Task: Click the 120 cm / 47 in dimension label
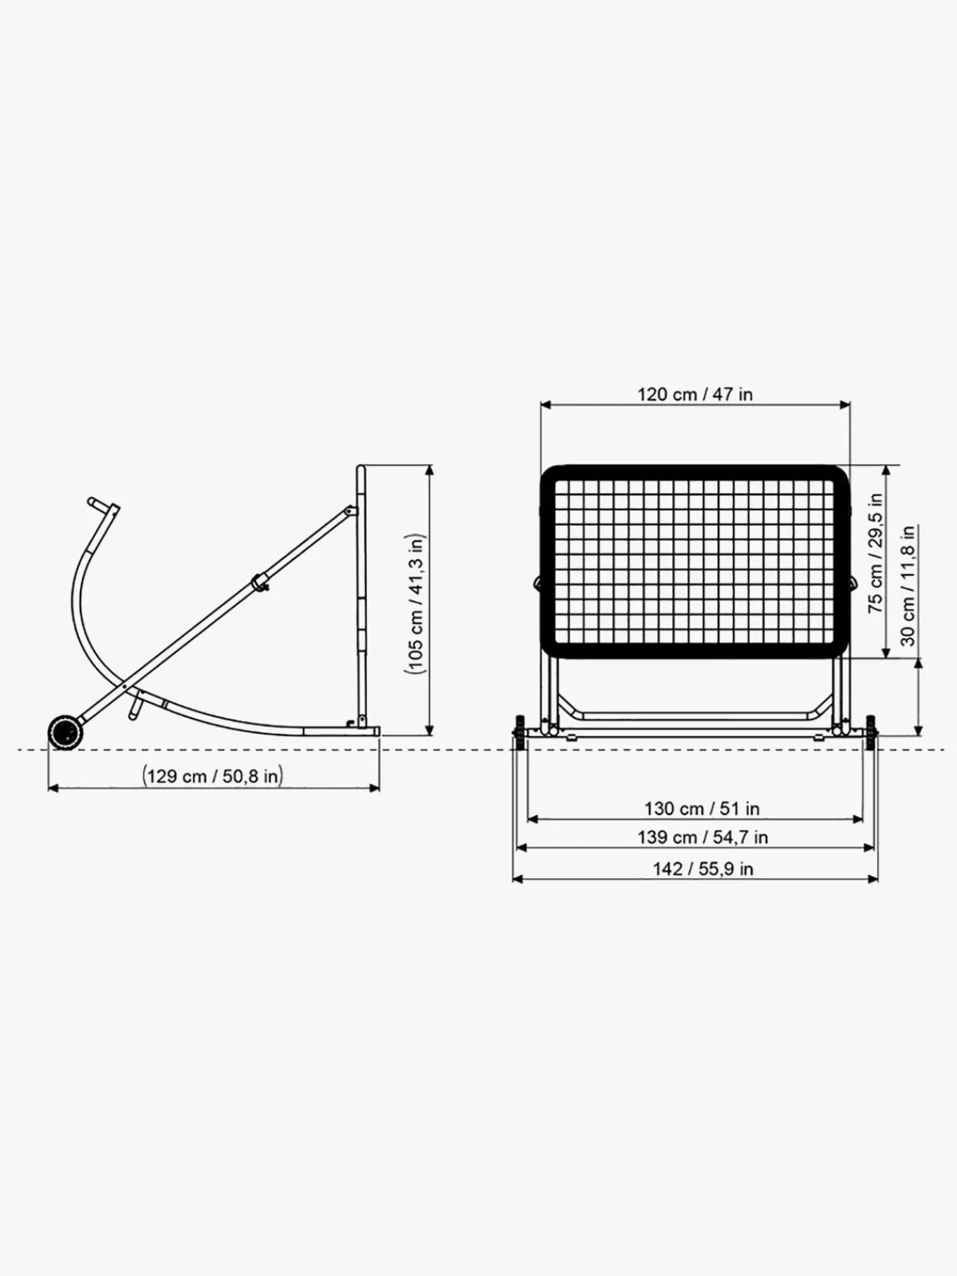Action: tap(695, 395)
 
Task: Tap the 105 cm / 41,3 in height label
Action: tap(415, 604)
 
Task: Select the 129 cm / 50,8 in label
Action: tap(213, 776)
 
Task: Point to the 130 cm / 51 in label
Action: tap(702, 809)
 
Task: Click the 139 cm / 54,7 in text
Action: tap(703, 837)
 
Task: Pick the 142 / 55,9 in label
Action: tap(703, 869)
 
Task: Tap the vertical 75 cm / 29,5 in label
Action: tap(875, 553)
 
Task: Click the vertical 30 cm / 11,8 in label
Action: tap(908, 585)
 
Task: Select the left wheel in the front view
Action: tap(519, 732)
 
